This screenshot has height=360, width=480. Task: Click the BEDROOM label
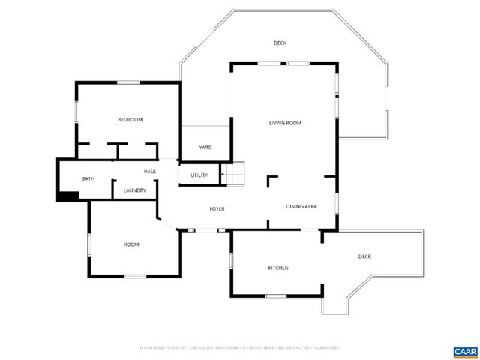click(x=130, y=120)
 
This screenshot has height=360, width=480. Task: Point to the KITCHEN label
click(x=278, y=268)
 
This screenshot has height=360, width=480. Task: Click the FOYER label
click(x=217, y=208)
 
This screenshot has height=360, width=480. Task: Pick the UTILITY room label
click(x=199, y=175)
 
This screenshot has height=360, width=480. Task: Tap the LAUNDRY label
click(x=135, y=190)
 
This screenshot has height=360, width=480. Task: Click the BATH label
click(x=88, y=178)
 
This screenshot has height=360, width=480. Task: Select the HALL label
click(x=149, y=172)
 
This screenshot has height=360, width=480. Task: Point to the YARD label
click(x=205, y=148)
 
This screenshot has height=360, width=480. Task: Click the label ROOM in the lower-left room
click(x=131, y=244)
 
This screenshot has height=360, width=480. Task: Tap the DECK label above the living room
click(x=280, y=43)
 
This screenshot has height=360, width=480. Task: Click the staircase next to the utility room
click(x=237, y=174)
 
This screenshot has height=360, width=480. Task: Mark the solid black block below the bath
click(x=68, y=196)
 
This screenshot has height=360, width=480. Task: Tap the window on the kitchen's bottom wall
click(x=276, y=295)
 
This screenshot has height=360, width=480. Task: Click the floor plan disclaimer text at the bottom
click(x=240, y=348)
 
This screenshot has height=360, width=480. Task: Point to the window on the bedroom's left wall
click(x=76, y=112)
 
